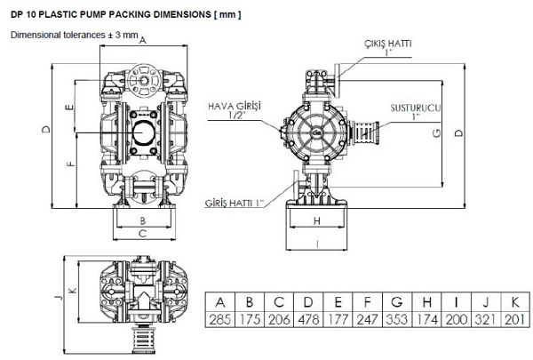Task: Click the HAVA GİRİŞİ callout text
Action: coord(235,105)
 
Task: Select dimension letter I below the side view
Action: coord(316,243)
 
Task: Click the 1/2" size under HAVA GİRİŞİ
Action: coord(235,116)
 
